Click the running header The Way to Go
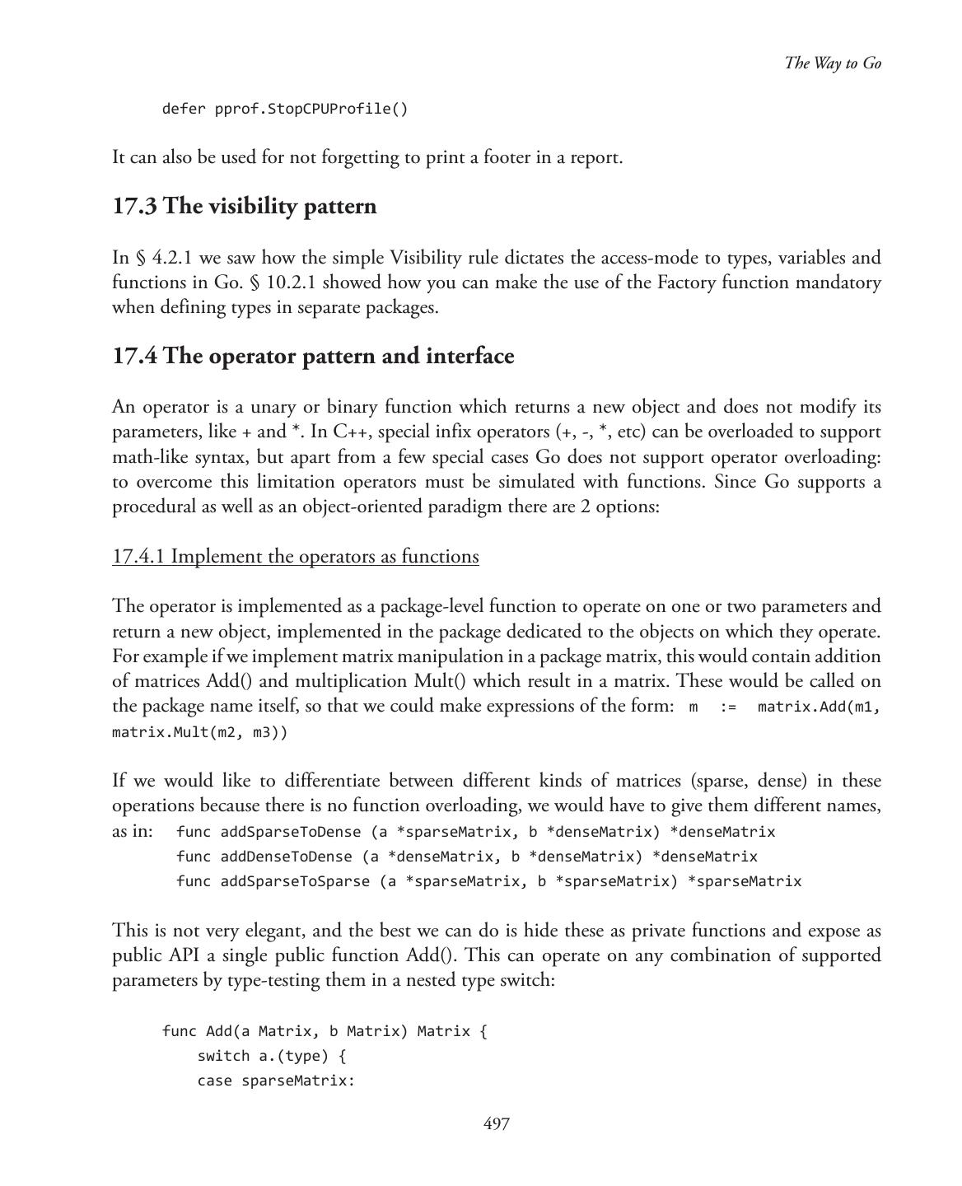point(833,63)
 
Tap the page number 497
point(496,1123)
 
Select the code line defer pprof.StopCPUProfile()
point(284,109)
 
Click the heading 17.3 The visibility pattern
point(244,206)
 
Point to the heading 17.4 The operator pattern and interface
point(313,356)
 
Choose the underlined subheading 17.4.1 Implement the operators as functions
point(295,557)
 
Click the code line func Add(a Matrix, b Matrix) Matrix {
point(325,1031)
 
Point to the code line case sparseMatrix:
point(275,1080)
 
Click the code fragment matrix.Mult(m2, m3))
point(199,731)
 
